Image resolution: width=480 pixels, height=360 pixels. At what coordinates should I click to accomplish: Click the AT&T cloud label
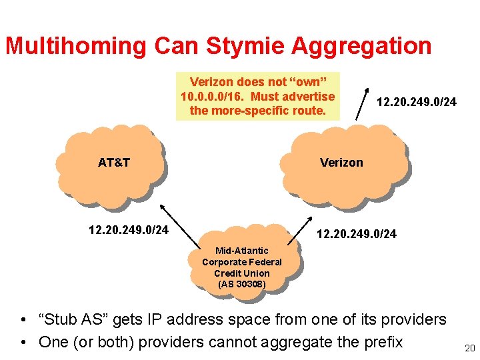coord(113,162)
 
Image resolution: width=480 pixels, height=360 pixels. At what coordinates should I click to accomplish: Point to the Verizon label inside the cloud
coord(341,162)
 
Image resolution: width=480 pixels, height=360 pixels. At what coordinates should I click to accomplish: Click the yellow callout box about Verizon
coord(257,96)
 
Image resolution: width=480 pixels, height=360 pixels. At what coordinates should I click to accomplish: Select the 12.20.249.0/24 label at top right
coord(417,103)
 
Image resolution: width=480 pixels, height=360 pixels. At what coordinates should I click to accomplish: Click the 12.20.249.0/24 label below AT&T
coord(129,231)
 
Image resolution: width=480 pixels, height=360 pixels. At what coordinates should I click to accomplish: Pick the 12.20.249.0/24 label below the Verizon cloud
coord(357,234)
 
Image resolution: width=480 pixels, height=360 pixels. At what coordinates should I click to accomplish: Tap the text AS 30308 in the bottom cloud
coord(242,284)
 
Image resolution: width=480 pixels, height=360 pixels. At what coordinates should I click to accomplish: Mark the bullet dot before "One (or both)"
coord(25,343)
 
